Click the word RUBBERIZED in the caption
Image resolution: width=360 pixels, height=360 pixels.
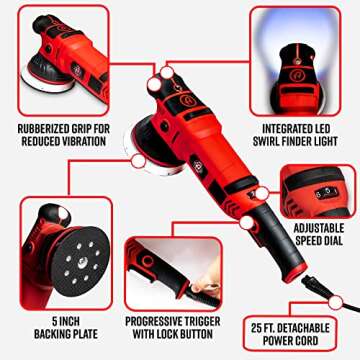point(39,129)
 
